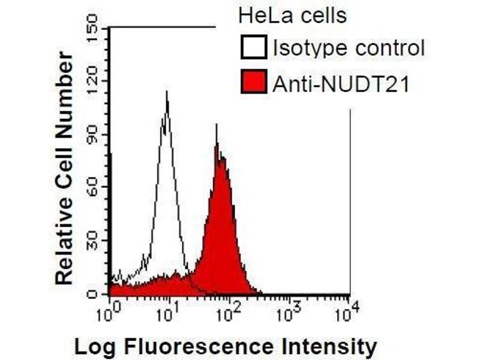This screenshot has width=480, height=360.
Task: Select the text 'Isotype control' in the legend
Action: [x=348, y=48]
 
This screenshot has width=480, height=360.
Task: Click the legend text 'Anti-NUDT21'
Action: [x=341, y=84]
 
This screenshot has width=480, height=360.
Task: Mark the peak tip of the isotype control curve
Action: [x=166, y=92]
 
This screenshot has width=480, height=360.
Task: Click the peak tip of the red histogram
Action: [x=216, y=125]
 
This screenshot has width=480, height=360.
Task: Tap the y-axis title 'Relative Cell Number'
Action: [x=64, y=168]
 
